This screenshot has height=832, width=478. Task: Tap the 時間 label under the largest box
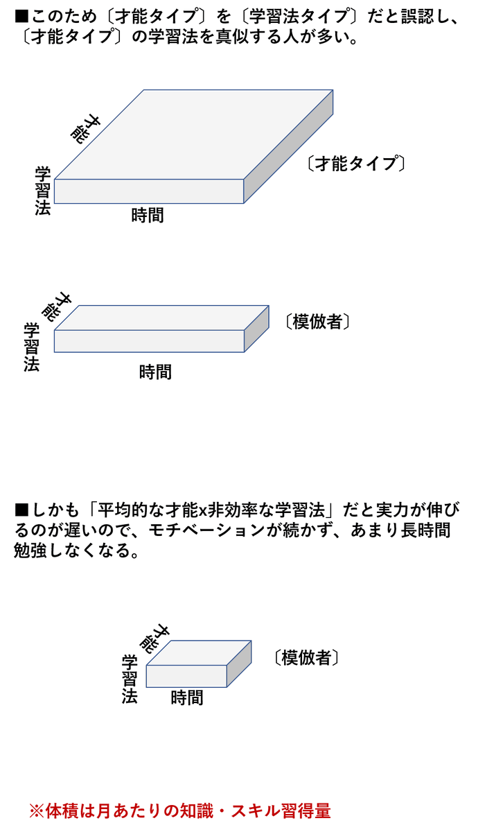coord(148,216)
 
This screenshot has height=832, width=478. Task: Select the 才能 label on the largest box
coord(85,128)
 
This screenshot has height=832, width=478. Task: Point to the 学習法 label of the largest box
coord(43,191)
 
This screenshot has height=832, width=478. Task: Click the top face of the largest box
coord(194,135)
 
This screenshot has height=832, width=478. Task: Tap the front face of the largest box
coord(149,191)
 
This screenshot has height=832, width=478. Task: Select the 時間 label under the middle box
coord(155,372)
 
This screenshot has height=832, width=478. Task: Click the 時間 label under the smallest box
coord(187,697)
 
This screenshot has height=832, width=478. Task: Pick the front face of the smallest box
coord(186,676)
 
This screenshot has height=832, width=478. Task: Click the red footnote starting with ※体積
coord(179,810)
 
